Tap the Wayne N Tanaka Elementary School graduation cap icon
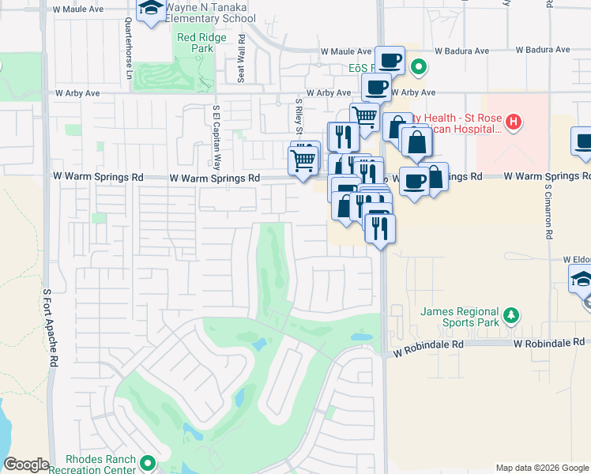(x=149, y=10)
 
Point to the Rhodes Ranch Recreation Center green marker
(x=147, y=462)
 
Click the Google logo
(x=26, y=465)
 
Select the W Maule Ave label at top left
(x=78, y=9)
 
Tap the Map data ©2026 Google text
(x=541, y=468)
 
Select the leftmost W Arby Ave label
(x=77, y=92)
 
